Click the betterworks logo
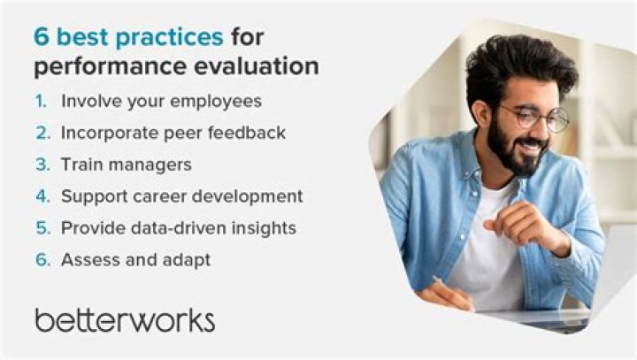[124, 319]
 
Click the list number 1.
[42, 101]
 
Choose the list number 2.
[42, 133]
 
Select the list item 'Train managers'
[126, 165]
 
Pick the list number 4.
[42, 196]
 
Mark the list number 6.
[42, 260]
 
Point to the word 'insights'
[264, 228]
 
